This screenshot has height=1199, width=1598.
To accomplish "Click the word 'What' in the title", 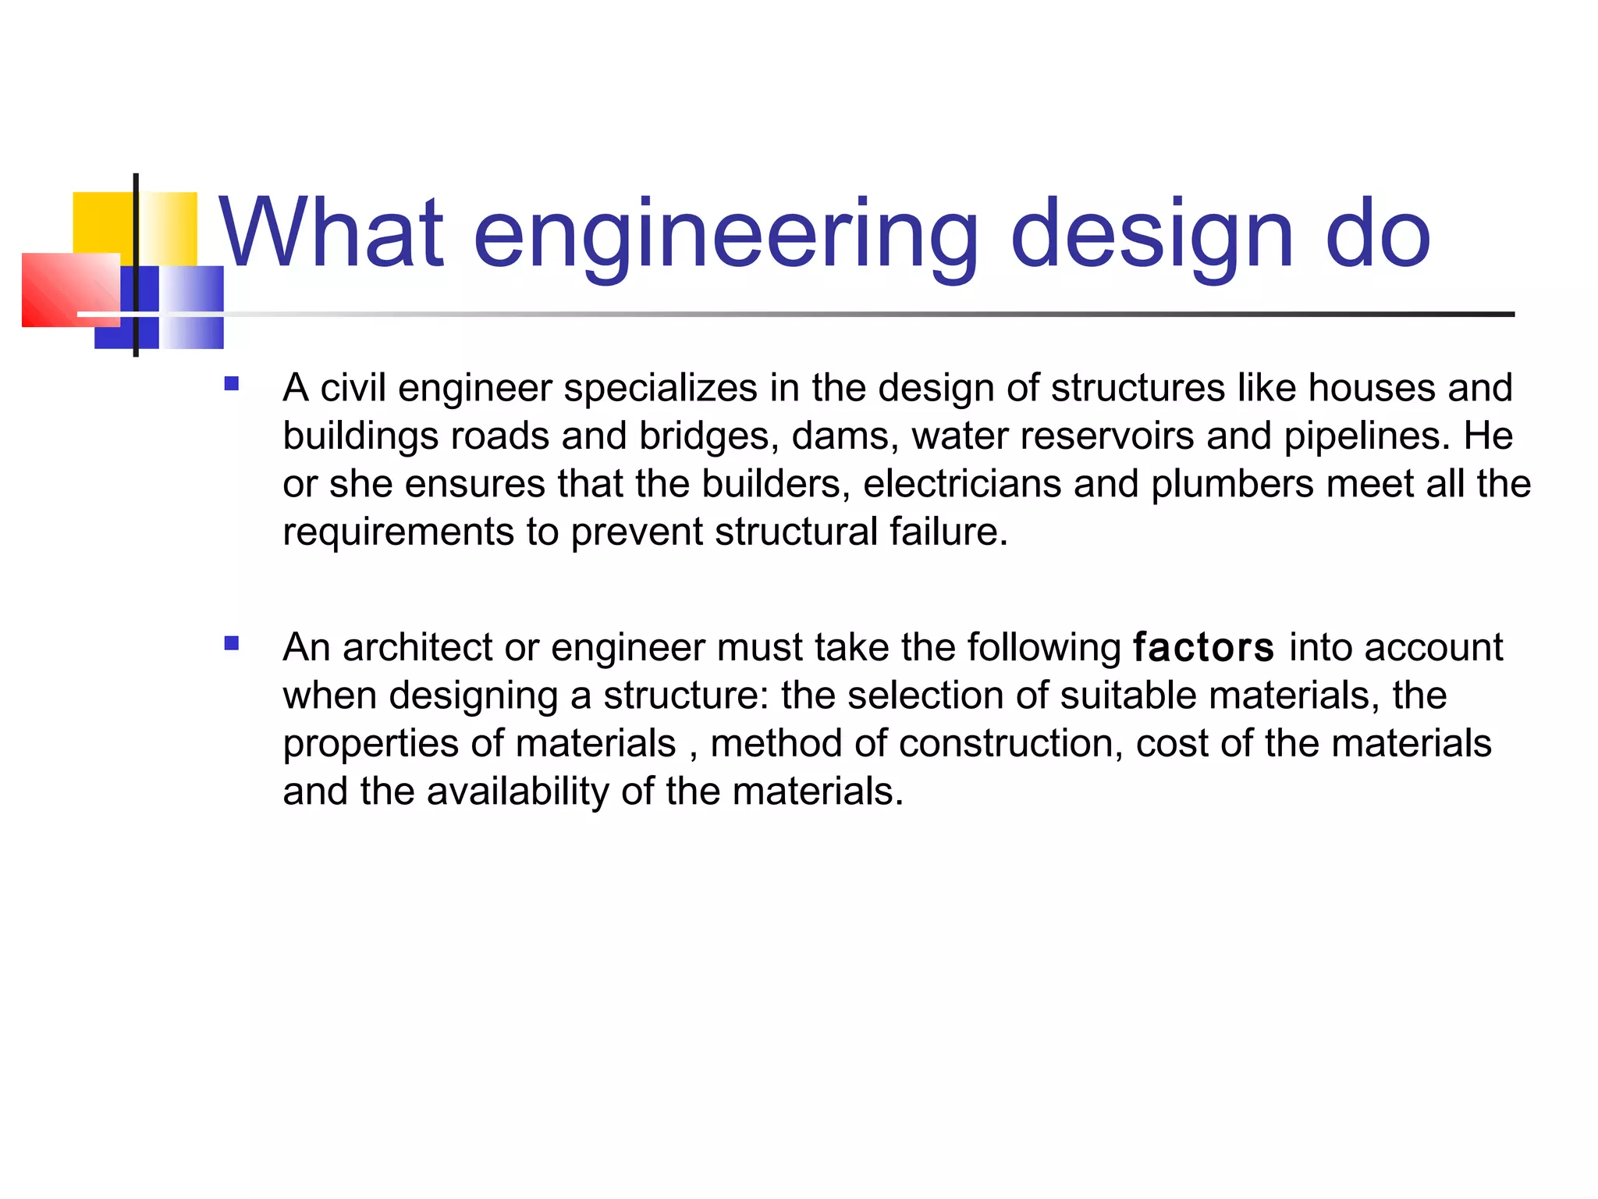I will click(332, 233).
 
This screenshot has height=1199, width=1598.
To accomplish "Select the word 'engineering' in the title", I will click(725, 235).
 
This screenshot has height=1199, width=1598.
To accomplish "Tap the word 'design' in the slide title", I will click(1152, 235).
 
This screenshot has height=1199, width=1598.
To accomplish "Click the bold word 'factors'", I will click(1203, 648).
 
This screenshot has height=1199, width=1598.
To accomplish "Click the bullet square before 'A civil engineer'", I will click(231, 384).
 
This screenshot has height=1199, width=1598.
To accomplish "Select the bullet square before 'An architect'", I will click(231, 643).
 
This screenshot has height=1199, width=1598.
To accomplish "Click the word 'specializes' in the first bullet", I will click(660, 388).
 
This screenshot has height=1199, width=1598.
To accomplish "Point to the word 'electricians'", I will click(962, 484).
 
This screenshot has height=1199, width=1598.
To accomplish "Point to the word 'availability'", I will click(517, 792).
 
